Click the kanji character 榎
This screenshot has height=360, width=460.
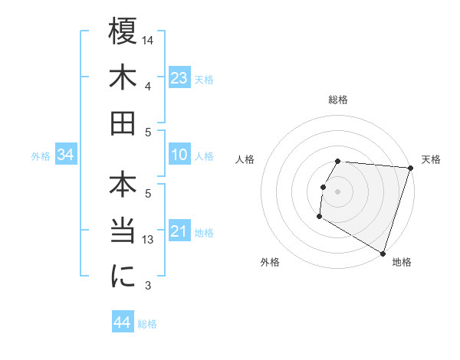pyautogui.click(x=123, y=34)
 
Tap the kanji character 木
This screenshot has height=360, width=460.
pyautogui.click(x=123, y=79)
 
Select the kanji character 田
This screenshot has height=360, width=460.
pyautogui.click(x=123, y=123)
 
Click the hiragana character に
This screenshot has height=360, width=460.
pyautogui.click(x=123, y=275)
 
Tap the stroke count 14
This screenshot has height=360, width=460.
pyautogui.click(x=149, y=40)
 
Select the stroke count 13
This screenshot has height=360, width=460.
pyautogui.click(x=149, y=240)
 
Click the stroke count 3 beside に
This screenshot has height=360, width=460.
pyautogui.click(x=149, y=286)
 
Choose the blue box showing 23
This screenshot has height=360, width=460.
pyautogui.click(x=179, y=79)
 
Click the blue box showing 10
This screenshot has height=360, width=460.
pyautogui.click(x=179, y=155)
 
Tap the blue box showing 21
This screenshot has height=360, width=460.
pyautogui.click(x=179, y=231)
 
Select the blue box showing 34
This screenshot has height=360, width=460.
pyautogui.click(x=66, y=155)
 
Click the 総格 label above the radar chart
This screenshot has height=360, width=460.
pyautogui.click(x=338, y=100)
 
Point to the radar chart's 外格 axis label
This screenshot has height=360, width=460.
pyautogui.click(x=270, y=262)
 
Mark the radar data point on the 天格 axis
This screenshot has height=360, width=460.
pyautogui.click(x=410, y=168)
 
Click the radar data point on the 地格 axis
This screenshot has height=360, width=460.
pyautogui.click(x=382, y=253)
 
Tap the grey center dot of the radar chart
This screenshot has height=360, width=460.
pyautogui.click(x=338, y=191)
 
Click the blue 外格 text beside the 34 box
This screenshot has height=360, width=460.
pyautogui.click(x=41, y=156)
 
